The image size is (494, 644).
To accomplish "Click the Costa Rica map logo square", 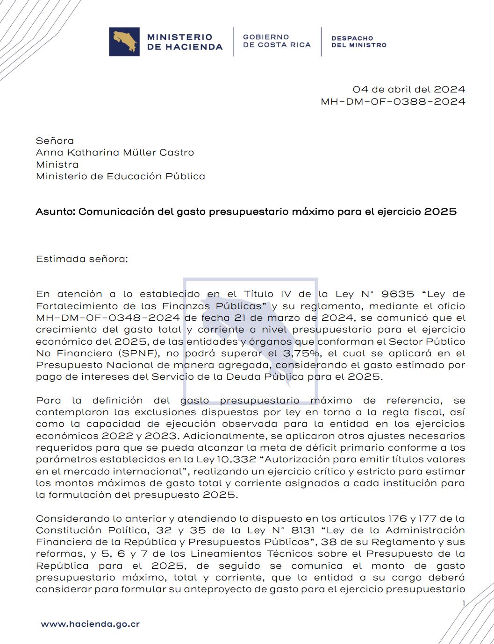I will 124,42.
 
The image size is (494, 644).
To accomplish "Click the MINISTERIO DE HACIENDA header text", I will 185,42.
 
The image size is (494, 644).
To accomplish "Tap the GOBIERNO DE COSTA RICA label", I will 277,41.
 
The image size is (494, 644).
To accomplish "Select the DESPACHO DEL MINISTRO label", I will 359,42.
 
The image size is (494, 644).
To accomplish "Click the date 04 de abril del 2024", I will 409,89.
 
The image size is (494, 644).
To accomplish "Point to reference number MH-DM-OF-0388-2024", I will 393,101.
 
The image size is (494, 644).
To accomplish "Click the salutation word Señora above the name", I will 55,141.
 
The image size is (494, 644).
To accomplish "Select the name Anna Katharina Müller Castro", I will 115,152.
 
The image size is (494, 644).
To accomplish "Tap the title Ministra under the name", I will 57,164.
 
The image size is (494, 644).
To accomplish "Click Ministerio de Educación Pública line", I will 121,176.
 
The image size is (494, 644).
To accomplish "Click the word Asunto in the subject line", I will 55,212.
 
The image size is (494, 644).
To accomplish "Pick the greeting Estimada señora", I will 81,259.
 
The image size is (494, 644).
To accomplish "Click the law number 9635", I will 398,294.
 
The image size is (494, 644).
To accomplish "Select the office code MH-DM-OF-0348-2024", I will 108,318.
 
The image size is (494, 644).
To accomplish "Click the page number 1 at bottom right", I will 464,603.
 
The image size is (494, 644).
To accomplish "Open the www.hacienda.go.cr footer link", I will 90,624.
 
